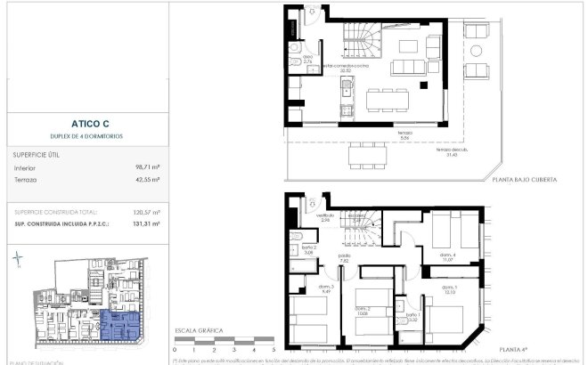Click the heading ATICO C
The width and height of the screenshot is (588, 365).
(86, 125)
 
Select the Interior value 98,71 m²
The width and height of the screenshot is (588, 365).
(146, 166)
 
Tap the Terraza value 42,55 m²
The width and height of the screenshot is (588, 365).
(146, 179)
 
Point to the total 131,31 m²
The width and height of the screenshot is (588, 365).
(146, 224)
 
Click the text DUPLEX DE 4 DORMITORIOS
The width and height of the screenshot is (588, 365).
(86, 136)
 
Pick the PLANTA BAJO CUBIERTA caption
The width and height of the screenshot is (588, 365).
(525, 179)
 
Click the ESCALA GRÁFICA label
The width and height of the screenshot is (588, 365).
(197, 329)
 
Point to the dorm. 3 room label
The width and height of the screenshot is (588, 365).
(326, 287)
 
